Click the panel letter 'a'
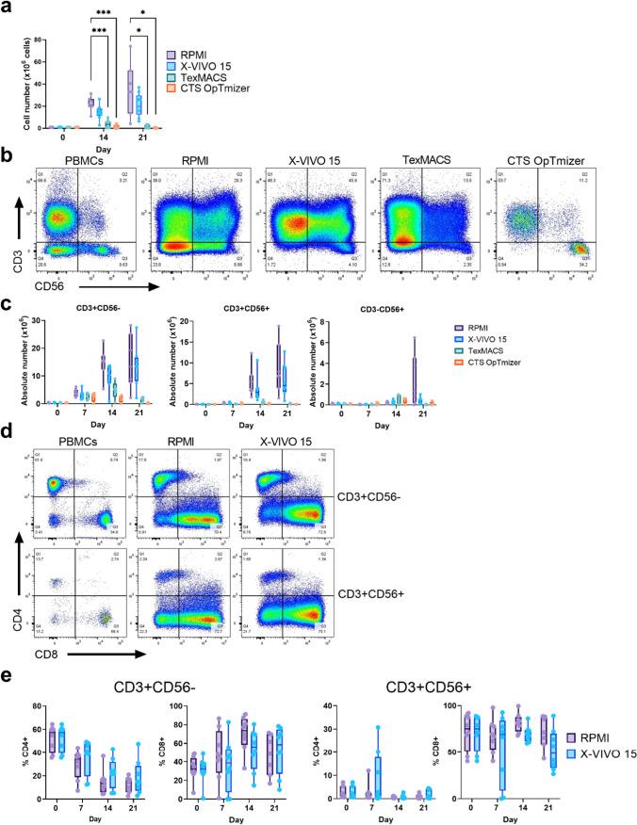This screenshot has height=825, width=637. (x=7, y=8)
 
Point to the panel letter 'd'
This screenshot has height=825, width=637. (x=8, y=432)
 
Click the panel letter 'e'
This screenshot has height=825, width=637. (x=8, y=678)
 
